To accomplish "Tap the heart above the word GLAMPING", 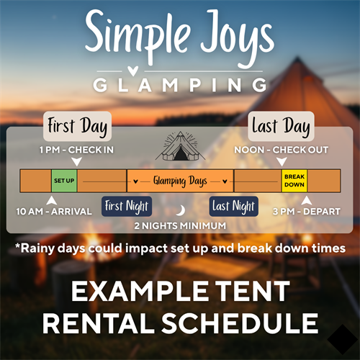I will (x=180, y=71).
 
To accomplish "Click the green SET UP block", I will (x=63, y=181).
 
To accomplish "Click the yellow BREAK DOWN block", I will (x=294, y=181).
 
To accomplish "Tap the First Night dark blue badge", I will (x=127, y=207).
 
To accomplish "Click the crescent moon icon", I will (x=181, y=210).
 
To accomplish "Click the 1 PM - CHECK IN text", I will (x=77, y=150).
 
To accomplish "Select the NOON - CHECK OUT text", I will (x=282, y=150).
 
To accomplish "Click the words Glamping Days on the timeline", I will (x=180, y=181).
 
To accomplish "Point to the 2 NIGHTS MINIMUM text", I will (x=180, y=225).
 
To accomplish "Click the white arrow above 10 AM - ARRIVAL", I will (x=51, y=199).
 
